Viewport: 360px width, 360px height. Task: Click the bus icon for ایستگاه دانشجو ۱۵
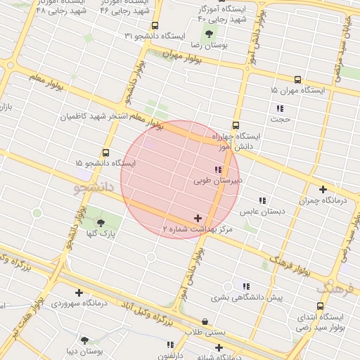pyautogui.click(x=106, y=152)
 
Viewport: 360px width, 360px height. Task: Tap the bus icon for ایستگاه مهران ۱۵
pyautogui.click(x=297, y=80)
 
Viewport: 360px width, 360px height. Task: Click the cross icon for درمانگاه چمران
pyautogui.click(x=323, y=189)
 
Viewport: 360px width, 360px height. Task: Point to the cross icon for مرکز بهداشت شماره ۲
pyautogui.click(x=198, y=219)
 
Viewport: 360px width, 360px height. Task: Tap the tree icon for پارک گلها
pyautogui.click(x=101, y=222)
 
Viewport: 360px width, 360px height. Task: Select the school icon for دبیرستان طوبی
pyautogui.click(x=218, y=170)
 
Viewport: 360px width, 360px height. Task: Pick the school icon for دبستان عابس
pyautogui.click(x=262, y=200)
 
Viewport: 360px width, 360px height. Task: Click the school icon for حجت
pyautogui.click(x=280, y=108)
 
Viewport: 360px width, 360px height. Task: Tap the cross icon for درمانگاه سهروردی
pyautogui.click(x=78, y=292)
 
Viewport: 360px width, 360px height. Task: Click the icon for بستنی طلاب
pyautogui.click(x=204, y=321)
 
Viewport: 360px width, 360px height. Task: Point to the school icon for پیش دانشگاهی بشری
pyautogui.click(x=246, y=286)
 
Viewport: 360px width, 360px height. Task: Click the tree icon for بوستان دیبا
pyautogui.click(x=85, y=340)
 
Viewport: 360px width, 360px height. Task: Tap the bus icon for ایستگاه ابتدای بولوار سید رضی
pyautogui.click(x=321, y=306)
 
